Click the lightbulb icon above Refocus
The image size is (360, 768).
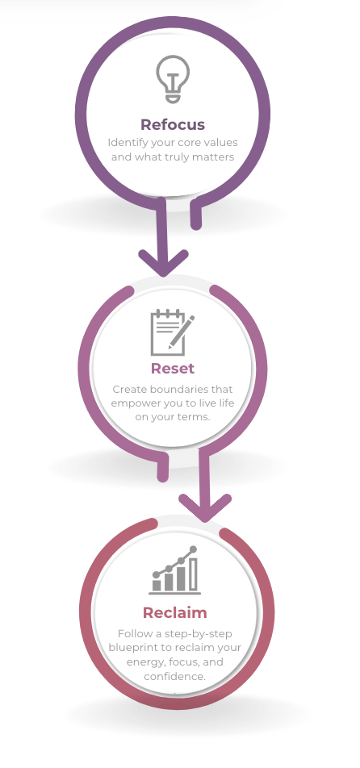point(173,79)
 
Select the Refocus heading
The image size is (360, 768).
point(173,124)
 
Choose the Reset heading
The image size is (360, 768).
point(173,369)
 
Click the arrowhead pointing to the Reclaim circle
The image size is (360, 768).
point(205,508)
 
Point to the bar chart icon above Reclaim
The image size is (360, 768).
point(175,570)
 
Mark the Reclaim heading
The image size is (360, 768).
point(175,613)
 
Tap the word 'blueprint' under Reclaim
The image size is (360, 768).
point(128,648)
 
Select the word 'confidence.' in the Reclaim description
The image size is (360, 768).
point(175,676)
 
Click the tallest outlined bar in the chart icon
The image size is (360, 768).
point(193,574)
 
